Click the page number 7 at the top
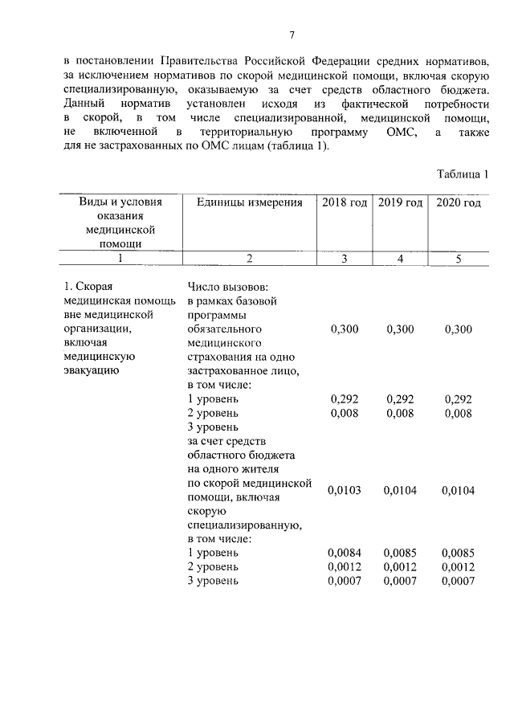tap(292, 35)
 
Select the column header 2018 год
tap(345, 203)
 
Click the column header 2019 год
tap(400, 203)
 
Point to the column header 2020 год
tap(458, 203)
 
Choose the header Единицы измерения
tap(249, 203)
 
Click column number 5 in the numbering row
tap(458, 258)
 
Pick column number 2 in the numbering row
tap(249, 258)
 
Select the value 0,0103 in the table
tap(345, 491)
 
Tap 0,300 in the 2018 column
tap(345, 329)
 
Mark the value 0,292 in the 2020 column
tap(458, 399)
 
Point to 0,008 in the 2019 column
tap(400, 414)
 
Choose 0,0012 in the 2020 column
tap(458, 566)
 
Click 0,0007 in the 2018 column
tap(345, 581)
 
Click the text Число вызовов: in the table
tap(233, 288)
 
